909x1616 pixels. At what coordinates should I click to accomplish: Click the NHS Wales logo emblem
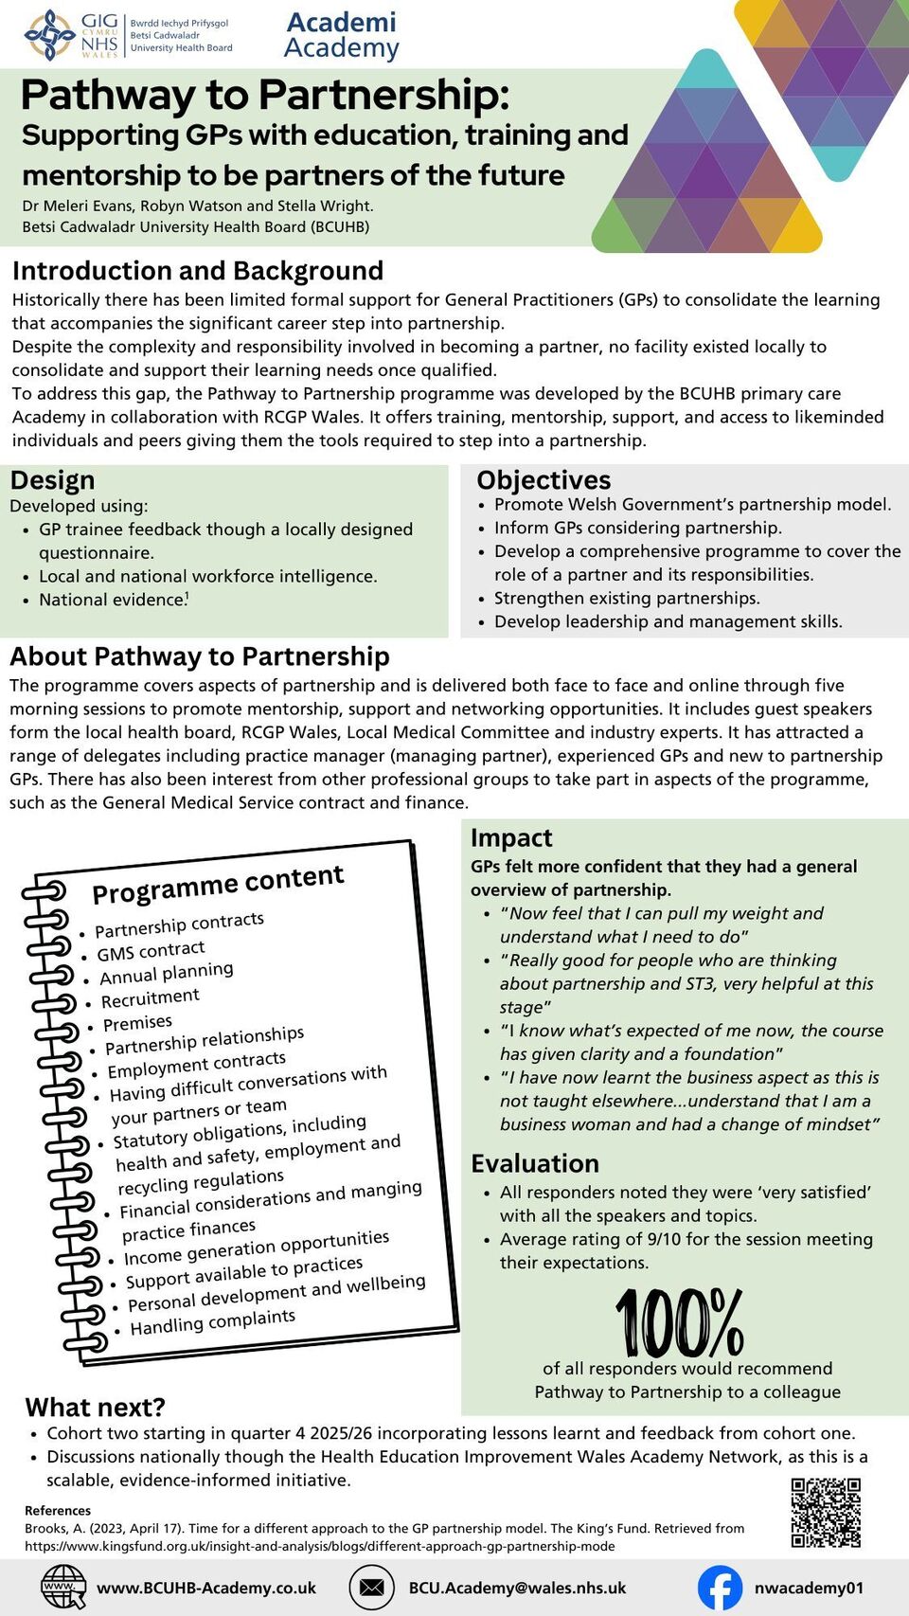pyautogui.click(x=50, y=35)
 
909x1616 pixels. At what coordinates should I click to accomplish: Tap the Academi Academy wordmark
pyautogui.click(x=341, y=35)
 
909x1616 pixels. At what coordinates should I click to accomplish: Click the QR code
pyautogui.click(x=826, y=1513)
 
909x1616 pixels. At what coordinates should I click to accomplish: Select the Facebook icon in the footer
pyautogui.click(x=720, y=1588)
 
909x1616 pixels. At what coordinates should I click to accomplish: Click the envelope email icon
pyautogui.click(x=371, y=1588)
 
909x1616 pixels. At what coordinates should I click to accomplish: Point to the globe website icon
pyautogui.click(x=62, y=1588)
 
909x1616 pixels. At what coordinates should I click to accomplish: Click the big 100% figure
pyautogui.click(x=679, y=1322)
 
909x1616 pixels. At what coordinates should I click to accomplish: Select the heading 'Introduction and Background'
pyautogui.click(x=198, y=271)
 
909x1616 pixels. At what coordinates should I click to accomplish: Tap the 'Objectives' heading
pyautogui.click(x=544, y=480)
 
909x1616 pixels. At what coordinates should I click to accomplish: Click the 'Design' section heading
pyautogui.click(x=52, y=480)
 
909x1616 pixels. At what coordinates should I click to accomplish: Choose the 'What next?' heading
pyautogui.click(x=95, y=1407)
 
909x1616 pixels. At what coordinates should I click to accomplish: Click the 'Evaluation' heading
pyautogui.click(x=535, y=1163)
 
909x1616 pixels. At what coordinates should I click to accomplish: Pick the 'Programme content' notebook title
pyautogui.click(x=218, y=884)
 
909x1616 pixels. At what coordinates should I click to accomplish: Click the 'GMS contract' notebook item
pyautogui.click(x=151, y=950)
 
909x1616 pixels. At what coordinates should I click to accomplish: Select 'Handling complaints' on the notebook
pyautogui.click(x=212, y=1321)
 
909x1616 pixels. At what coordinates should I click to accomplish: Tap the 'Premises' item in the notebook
pyautogui.click(x=137, y=1023)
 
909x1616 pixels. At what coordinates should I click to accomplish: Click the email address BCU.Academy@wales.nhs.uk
pyautogui.click(x=517, y=1588)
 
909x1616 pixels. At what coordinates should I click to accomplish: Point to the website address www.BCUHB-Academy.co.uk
pyautogui.click(x=206, y=1588)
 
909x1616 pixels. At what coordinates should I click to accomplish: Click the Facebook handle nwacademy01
pyautogui.click(x=809, y=1588)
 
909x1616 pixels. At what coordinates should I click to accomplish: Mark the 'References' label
pyautogui.click(x=58, y=1511)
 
